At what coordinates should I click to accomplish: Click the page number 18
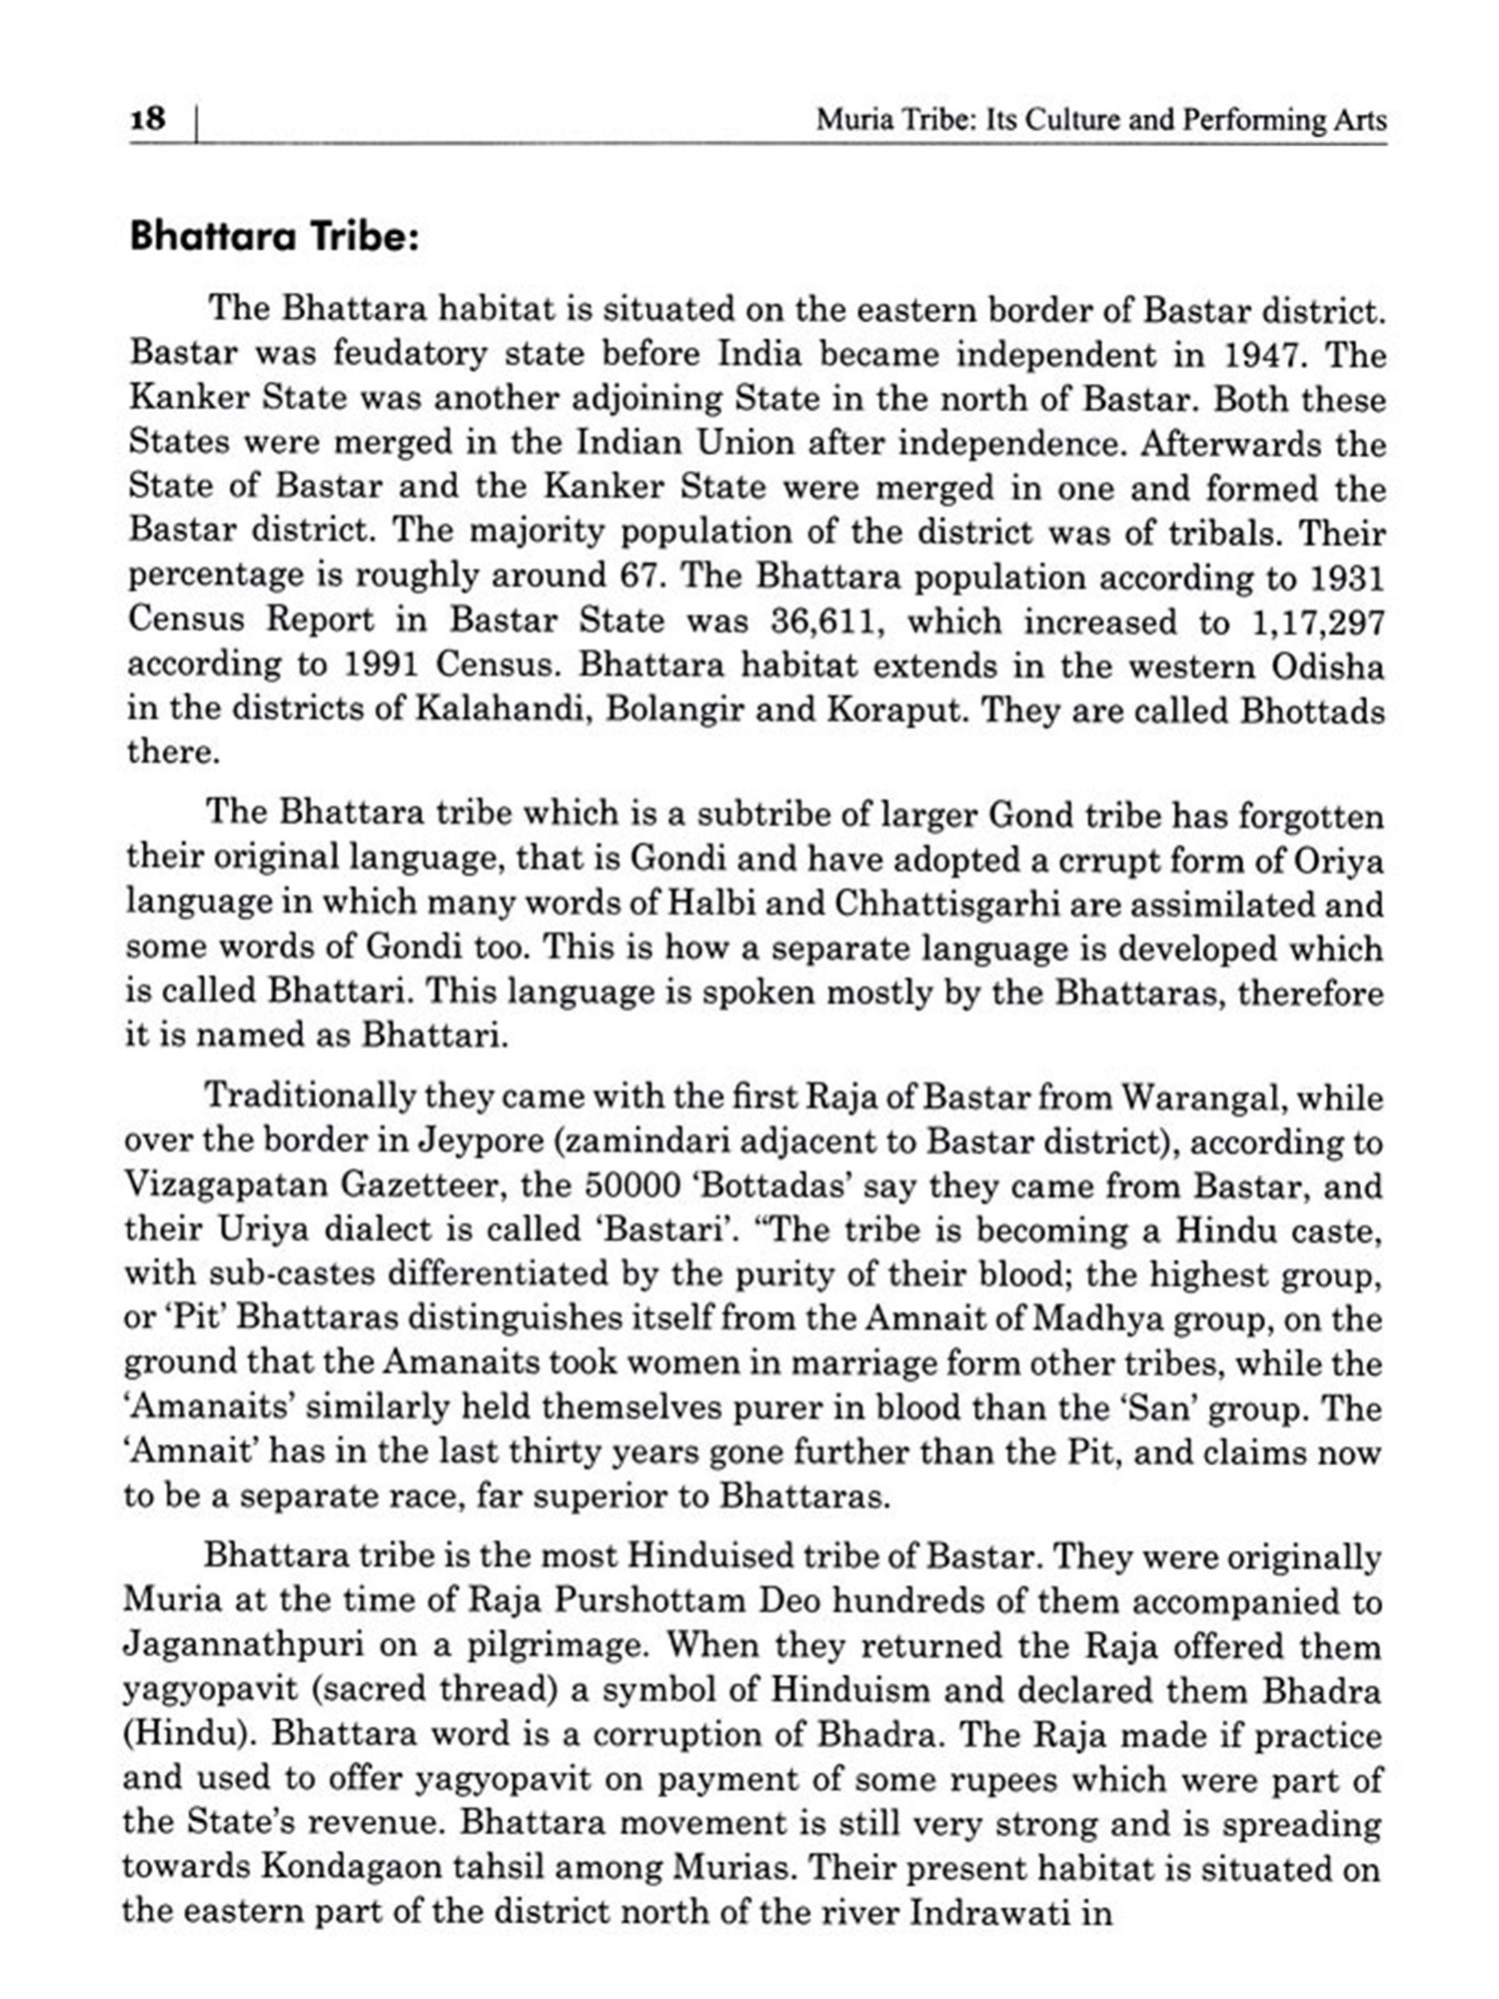coord(148,119)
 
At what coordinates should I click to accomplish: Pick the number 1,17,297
coord(1317,622)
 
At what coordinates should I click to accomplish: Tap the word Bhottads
coord(1312,710)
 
